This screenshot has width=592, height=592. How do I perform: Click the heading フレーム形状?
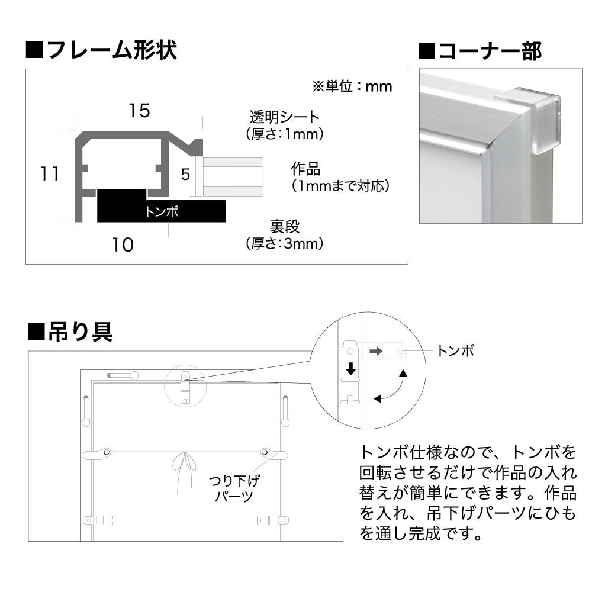(102, 50)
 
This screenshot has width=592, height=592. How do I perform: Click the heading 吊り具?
(70, 332)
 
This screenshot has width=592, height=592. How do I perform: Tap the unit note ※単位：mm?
(352, 86)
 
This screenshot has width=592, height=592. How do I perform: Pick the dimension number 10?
(123, 245)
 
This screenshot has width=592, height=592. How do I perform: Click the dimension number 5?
(185, 174)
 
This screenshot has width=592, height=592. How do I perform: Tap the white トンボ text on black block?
(161, 211)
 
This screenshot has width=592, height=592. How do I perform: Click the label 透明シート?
(284, 117)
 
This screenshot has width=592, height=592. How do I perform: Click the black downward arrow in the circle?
(351, 369)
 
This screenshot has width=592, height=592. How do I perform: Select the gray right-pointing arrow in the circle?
(375, 351)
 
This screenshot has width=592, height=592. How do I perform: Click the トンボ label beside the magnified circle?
(456, 351)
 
